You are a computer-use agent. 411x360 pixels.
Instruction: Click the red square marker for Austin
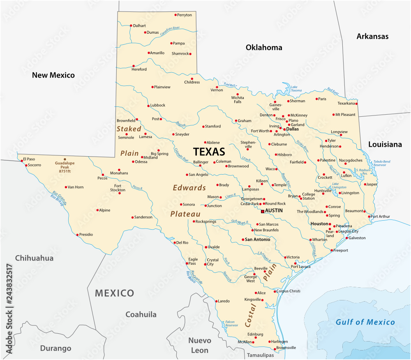pos(262,212)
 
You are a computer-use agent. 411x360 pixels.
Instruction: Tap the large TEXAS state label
pos(209,152)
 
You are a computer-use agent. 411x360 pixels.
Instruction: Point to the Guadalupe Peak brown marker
pos(64,159)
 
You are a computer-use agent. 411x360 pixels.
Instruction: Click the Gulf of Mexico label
pos(365,322)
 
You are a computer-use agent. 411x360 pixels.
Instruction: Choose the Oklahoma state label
pos(264,48)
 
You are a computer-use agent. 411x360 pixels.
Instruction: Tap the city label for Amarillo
pos(157,53)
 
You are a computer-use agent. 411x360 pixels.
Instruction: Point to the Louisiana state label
pos(385,145)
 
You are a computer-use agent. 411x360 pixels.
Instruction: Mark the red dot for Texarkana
pos(356,104)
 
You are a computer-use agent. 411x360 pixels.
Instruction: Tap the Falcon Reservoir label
pos(231,323)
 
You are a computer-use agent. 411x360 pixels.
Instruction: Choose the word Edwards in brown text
pos(189,188)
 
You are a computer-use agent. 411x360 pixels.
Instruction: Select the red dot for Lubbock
pos(148,106)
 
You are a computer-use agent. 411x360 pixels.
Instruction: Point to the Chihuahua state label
pos(35,258)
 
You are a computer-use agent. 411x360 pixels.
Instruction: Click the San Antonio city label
pos(258,240)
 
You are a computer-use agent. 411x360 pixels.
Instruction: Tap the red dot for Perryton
pos(175,15)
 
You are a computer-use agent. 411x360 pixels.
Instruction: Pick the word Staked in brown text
pos(129,129)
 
